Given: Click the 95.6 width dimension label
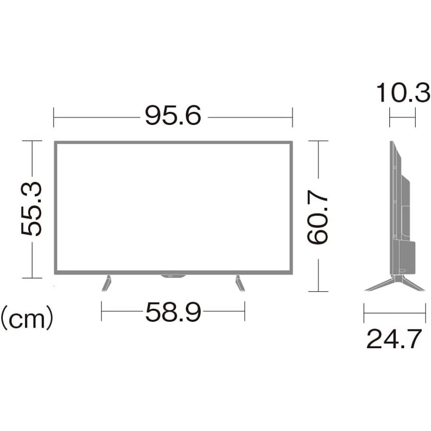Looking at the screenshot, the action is [x=173, y=115].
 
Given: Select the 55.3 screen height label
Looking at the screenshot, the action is [x=31, y=209].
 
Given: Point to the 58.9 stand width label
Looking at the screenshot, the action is [x=173, y=312].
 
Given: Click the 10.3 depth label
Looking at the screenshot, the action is [x=403, y=93].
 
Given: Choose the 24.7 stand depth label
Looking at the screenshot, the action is [x=394, y=339].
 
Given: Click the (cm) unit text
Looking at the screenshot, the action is [x=27, y=318].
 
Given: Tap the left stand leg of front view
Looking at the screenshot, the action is [x=107, y=283].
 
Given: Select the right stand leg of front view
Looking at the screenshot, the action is [x=240, y=283].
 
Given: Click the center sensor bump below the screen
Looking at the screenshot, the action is [x=173, y=276].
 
